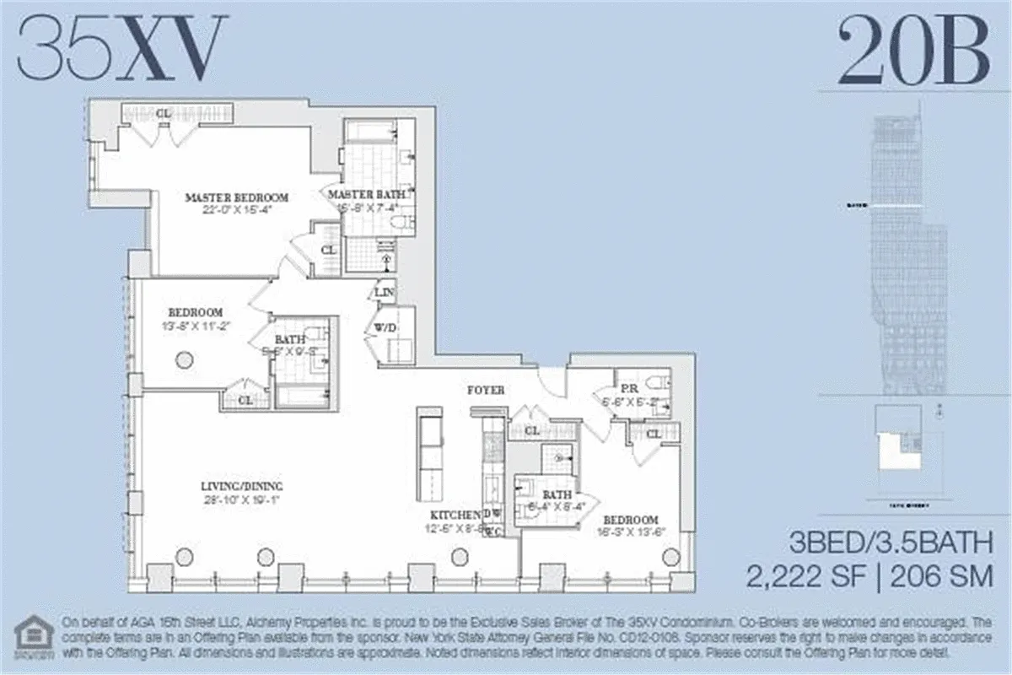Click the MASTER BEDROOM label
tap(236, 197)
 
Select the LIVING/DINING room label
tap(241, 486)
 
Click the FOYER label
tap(486, 391)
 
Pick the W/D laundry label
tap(387, 327)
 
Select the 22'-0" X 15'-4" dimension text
tap(236, 211)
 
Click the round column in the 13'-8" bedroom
tap(183, 360)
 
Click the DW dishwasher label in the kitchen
tap(492, 514)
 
